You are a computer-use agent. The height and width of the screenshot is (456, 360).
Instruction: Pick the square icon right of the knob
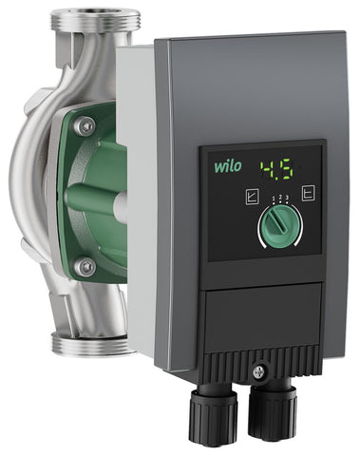click(x=308, y=194)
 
